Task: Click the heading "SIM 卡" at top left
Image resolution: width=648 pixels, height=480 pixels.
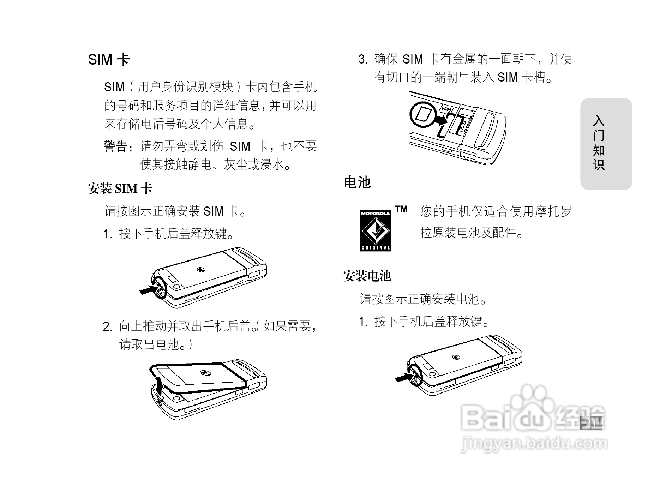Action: click(109, 60)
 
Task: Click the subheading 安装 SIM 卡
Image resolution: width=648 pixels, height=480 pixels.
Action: click(120, 188)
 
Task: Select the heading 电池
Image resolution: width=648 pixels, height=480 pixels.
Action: click(357, 182)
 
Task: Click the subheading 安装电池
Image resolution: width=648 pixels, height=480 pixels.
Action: click(367, 276)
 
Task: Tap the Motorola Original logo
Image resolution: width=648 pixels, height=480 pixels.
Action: click(376, 230)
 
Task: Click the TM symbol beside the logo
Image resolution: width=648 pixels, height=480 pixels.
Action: click(401, 209)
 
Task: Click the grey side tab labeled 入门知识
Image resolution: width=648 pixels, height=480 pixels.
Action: click(606, 144)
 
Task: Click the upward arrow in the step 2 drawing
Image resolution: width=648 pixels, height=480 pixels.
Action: click(160, 386)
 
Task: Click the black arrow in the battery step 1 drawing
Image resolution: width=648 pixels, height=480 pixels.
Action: click(403, 378)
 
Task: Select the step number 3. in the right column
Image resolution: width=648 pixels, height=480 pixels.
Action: click(363, 59)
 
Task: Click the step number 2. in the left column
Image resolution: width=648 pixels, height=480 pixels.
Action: click(108, 326)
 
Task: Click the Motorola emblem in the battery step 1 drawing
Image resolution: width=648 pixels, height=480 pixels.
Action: click(456, 357)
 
